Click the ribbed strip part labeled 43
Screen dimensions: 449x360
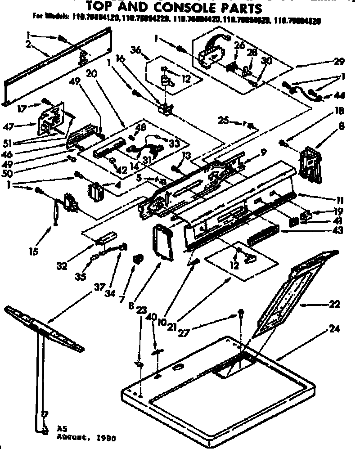pyautogui.click(x=264, y=235)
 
